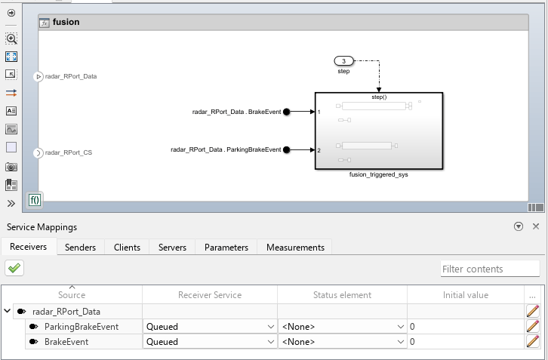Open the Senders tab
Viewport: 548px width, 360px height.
(80, 247)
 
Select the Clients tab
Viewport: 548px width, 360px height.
(127, 247)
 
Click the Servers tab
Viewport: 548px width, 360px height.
(172, 247)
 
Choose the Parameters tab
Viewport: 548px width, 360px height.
(226, 247)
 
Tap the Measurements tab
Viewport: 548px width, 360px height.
(295, 247)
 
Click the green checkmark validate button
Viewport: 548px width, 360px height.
(14, 268)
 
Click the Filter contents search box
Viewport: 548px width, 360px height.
(490, 269)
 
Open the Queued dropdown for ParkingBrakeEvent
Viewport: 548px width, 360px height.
(210, 327)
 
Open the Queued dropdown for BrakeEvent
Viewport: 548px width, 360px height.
(210, 341)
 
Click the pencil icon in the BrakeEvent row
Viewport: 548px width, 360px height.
(532, 341)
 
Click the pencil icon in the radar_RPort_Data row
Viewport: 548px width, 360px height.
(532, 311)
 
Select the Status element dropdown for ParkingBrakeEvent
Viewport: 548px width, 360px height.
(343, 327)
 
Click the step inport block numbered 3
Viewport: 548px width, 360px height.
(344, 61)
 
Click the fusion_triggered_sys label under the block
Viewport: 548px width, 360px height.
(378, 174)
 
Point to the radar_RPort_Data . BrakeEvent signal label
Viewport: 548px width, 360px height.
(236, 112)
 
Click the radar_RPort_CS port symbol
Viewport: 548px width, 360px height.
(38, 152)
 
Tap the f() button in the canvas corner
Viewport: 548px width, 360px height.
(35, 200)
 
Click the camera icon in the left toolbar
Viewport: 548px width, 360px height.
(11, 167)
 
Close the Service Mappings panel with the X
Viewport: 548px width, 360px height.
(536, 226)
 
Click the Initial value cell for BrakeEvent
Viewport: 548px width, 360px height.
(466, 341)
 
